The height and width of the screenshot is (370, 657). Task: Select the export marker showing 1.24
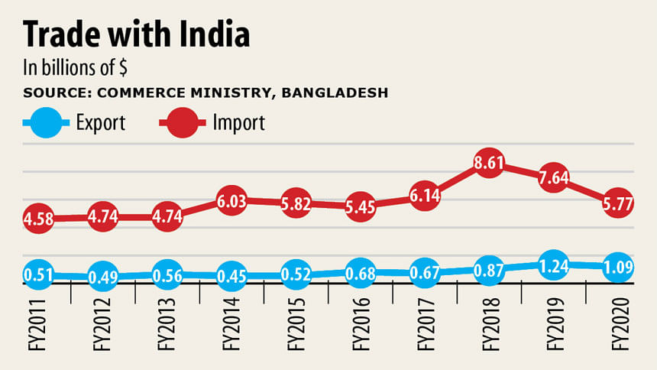tap(554, 264)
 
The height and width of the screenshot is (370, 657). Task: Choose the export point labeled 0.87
tap(489, 271)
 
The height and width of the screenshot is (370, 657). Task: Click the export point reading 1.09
tap(618, 266)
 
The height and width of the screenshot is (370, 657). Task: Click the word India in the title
tap(207, 36)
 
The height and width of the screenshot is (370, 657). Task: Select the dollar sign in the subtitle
tap(121, 67)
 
